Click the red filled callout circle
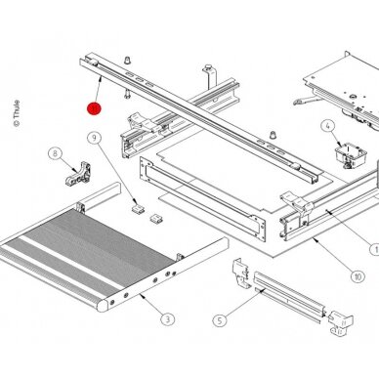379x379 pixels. (x=94, y=108)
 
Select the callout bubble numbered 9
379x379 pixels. (x=95, y=138)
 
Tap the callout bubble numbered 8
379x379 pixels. (x=55, y=153)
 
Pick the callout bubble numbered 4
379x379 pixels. (x=328, y=126)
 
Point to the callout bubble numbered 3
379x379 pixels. (x=168, y=319)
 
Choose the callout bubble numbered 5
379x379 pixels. (x=220, y=320)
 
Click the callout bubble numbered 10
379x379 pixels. (x=358, y=276)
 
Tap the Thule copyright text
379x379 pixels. (x=17, y=113)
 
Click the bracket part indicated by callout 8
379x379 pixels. (x=78, y=174)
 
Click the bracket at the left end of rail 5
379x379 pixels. (x=241, y=274)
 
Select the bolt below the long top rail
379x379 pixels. (x=127, y=95)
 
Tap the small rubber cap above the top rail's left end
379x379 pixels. (x=128, y=60)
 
